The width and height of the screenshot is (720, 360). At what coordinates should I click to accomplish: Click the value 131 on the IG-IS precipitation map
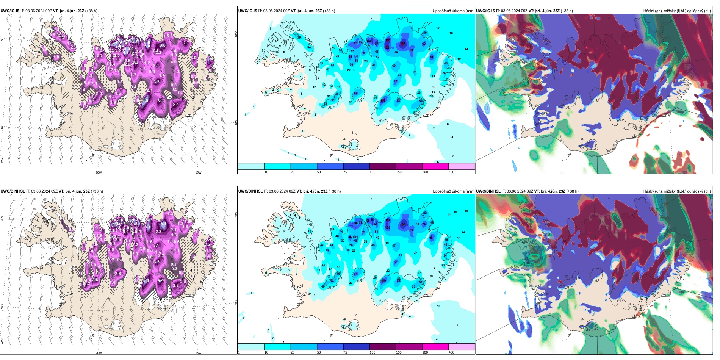click(388, 40)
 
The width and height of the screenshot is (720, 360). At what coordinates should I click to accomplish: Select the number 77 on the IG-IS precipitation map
click(396, 81)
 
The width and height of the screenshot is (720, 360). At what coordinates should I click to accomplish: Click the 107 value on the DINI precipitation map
click(384, 281)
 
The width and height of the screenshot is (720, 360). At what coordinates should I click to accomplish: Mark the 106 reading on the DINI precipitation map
click(403, 224)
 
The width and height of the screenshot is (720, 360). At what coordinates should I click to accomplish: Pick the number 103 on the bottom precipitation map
click(388, 228)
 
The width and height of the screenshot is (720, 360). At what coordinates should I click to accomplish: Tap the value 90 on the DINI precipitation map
click(356, 223)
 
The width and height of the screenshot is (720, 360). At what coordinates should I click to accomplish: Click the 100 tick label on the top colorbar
click(373, 172)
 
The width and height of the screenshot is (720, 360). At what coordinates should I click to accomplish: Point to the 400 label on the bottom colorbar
click(451, 352)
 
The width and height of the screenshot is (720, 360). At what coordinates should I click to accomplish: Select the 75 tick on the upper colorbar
click(345, 172)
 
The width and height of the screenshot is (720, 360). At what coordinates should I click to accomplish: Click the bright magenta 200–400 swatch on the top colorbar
click(435, 166)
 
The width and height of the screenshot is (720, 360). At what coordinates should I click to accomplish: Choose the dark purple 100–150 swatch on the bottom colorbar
click(383, 347)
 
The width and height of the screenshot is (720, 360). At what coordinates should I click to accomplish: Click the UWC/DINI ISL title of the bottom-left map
click(13, 191)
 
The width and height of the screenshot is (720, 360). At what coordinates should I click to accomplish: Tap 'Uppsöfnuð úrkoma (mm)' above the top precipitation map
click(453, 11)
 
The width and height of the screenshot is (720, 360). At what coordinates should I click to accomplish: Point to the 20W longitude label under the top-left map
click(99, 172)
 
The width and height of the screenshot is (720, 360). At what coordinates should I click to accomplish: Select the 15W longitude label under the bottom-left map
click(198, 353)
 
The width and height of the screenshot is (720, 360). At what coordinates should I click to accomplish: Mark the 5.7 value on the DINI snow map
click(149, 227)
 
